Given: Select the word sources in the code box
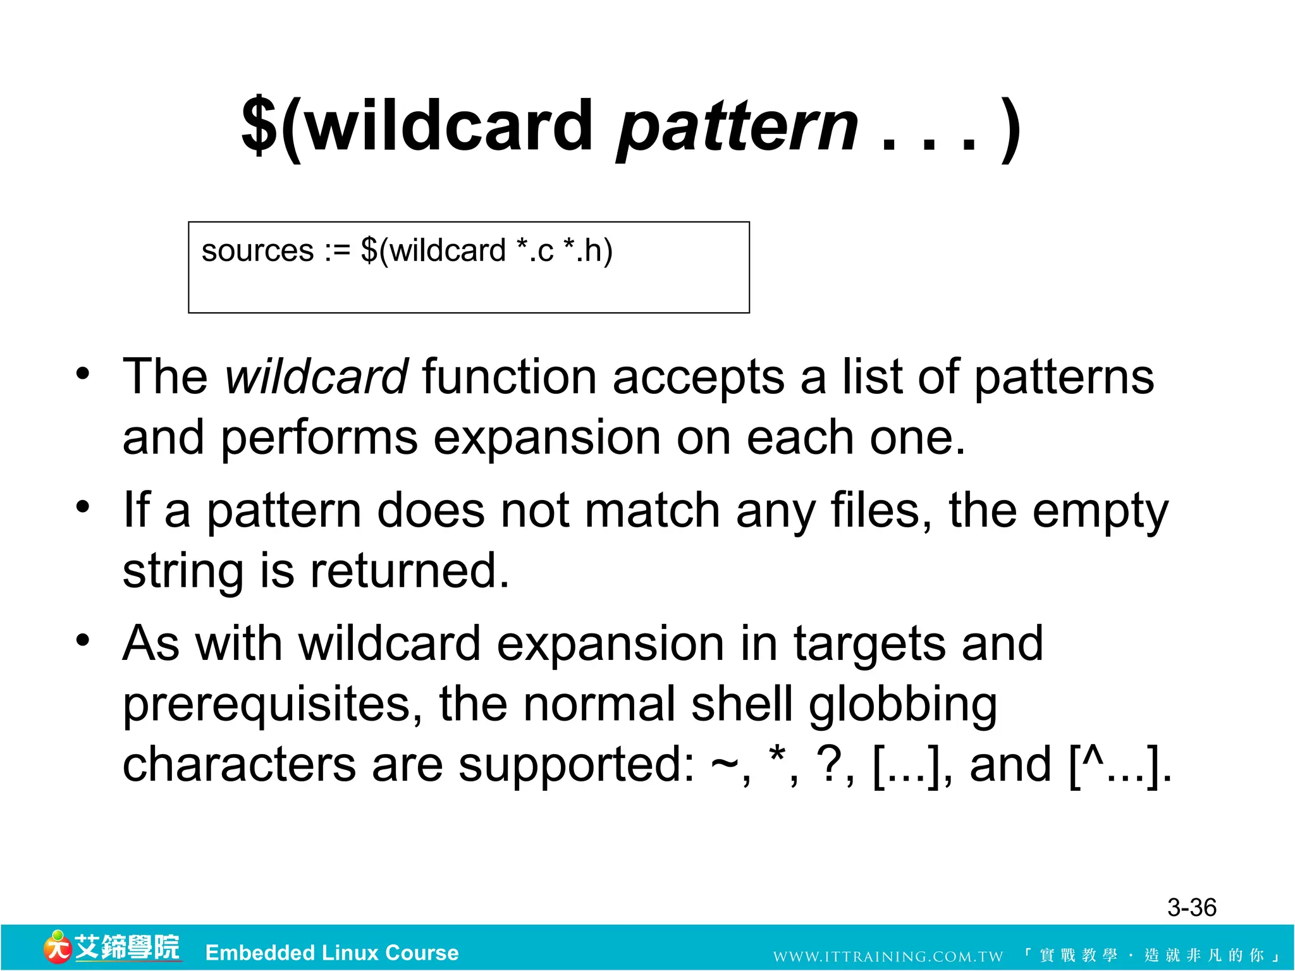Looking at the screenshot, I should pyautogui.click(x=257, y=251).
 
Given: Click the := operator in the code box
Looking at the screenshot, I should pyautogui.click(x=337, y=252).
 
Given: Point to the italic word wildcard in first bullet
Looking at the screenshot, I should pyautogui.click(x=317, y=377).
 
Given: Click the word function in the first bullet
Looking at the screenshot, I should pyautogui.click(x=509, y=377).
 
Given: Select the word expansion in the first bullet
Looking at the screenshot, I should pyautogui.click(x=546, y=438).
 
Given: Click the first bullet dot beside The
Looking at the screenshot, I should pyautogui.click(x=83, y=374).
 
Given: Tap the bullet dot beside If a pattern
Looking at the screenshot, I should pyautogui.click(x=83, y=507).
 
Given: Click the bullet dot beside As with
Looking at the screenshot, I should pyautogui.click(x=83, y=640).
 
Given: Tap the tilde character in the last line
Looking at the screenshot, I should pyautogui.click(x=725, y=766).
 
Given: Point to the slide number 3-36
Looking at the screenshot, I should pyautogui.click(x=1191, y=908).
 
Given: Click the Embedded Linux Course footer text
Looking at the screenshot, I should pyautogui.click(x=332, y=953).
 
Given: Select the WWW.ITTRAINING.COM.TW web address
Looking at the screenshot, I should pyautogui.click(x=888, y=956).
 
